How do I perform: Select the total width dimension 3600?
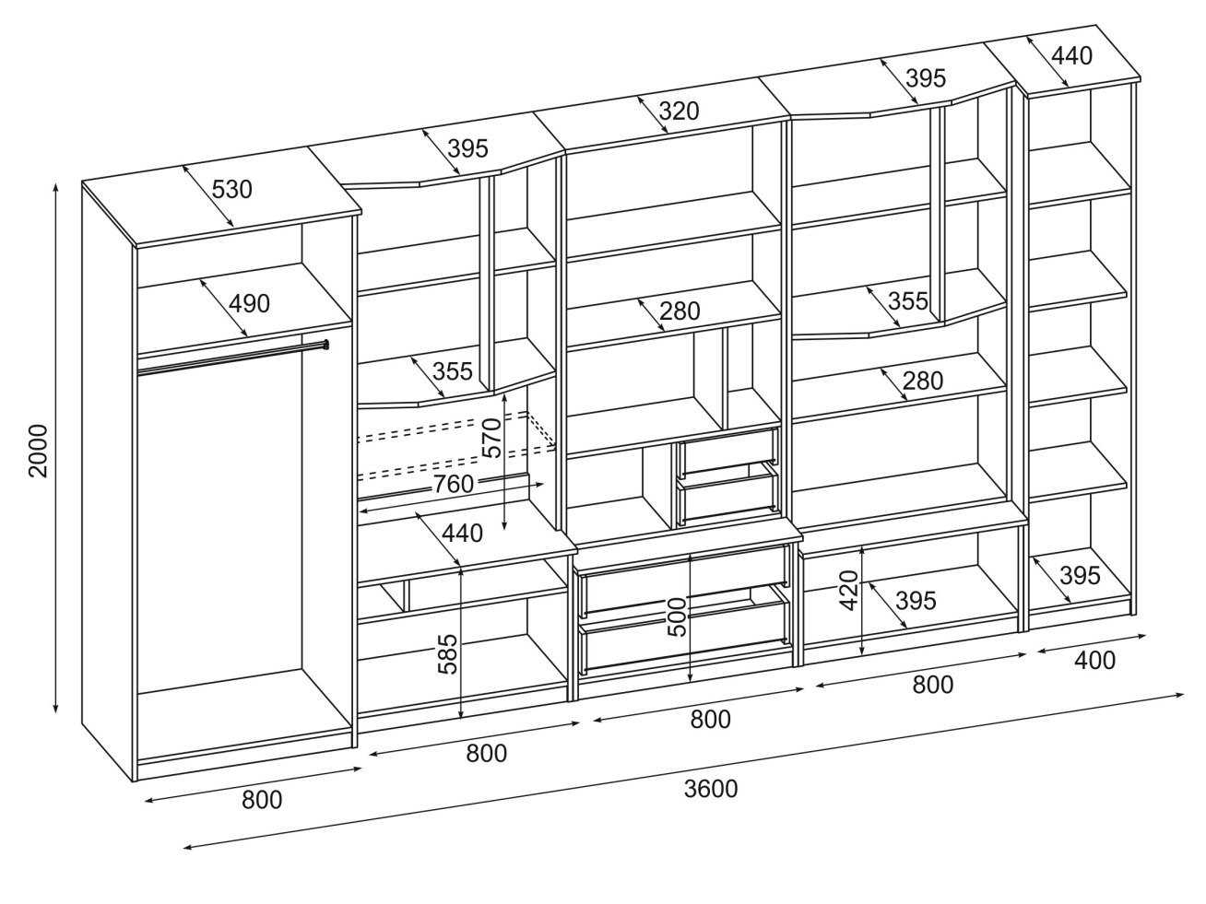pyautogui.click(x=711, y=789)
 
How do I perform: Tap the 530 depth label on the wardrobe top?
pyautogui.click(x=231, y=190)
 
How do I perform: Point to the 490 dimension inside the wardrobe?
pyautogui.click(x=249, y=302)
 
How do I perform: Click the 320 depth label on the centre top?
pyautogui.click(x=680, y=112)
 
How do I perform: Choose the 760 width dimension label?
pyautogui.click(x=453, y=484)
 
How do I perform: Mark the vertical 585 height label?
pyautogui.click(x=448, y=652)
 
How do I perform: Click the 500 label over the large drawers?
pyautogui.click(x=677, y=617)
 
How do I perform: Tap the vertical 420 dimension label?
pyautogui.click(x=849, y=589)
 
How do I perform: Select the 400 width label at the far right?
pyautogui.click(x=1094, y=660)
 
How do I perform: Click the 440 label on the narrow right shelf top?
pyautogui.click(x=1071, y=56)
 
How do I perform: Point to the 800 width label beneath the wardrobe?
pyautogui.click(x=262, y=800)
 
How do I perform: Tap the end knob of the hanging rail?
pyautogui.click(x=325, y=346)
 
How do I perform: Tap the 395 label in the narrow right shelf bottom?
pyautogui.click(x=1080, y=576)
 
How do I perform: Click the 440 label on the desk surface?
pyautogui.click(x=462, y=533)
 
